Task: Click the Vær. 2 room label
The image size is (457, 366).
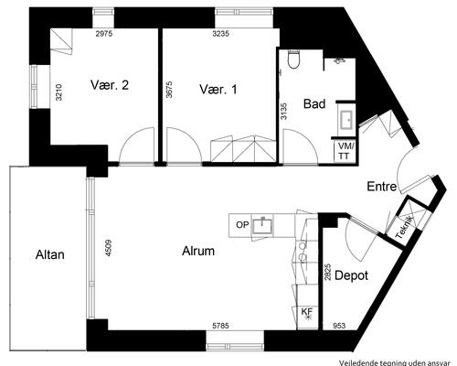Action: click(x=110, y=85)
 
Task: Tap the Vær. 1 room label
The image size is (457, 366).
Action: click(x=218, y=90)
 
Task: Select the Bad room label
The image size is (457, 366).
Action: click(x=314, y=103)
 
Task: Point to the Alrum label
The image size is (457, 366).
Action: click(x=198, y=251)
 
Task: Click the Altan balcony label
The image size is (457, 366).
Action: click(x=50, y=254)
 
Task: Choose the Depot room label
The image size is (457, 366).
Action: click(x=351, y=275)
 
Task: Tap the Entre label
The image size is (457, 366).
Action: click(x=382, y=187)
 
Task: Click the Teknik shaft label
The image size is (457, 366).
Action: click(x=405, y=227)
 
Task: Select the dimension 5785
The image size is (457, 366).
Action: click(x=220, y=326)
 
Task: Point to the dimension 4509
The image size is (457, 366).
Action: click(x=109, y=248)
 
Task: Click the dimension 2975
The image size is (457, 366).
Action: click(x=104, y=34)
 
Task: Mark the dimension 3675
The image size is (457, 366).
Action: click(x=169, y=89)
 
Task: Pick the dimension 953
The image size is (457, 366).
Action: click(x=339, y=326)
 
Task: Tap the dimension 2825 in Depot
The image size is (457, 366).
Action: click(x=328, y=273)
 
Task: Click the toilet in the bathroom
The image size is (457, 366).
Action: click(x=294, y=59)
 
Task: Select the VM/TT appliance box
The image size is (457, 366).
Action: click(x=345, y=151)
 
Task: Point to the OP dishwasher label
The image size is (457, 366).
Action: click(x=242, y=225)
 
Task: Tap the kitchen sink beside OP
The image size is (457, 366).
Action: click(x=262, y=225)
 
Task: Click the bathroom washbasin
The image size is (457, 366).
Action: click(x=346, y=120)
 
